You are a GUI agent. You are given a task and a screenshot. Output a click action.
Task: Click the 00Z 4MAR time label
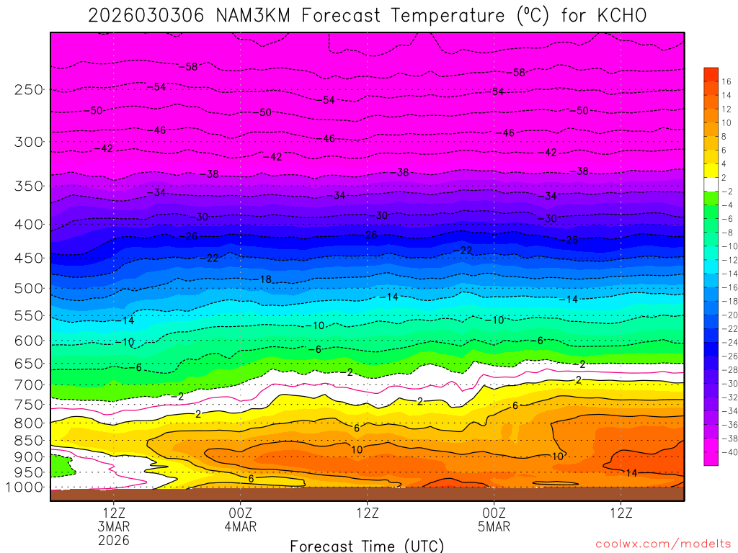click(x=241, y=519)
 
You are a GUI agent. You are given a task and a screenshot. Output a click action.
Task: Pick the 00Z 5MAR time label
click(x=494, y=519)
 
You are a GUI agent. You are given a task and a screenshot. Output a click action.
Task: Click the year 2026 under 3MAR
click(x=115, y=539)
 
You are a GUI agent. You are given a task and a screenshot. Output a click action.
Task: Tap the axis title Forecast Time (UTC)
click(x=367, y=545)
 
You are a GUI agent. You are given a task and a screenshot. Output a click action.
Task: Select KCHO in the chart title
click(x=617, y=15)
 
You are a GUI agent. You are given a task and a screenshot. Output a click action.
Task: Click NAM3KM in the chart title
click(x=252, y=15)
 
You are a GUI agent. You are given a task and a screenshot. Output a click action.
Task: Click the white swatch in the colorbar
click(x=711, y=184)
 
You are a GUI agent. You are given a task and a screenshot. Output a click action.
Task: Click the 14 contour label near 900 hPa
click(x=632, y=473)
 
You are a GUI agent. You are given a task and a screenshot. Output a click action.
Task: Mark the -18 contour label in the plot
click(x=264, y=279)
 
